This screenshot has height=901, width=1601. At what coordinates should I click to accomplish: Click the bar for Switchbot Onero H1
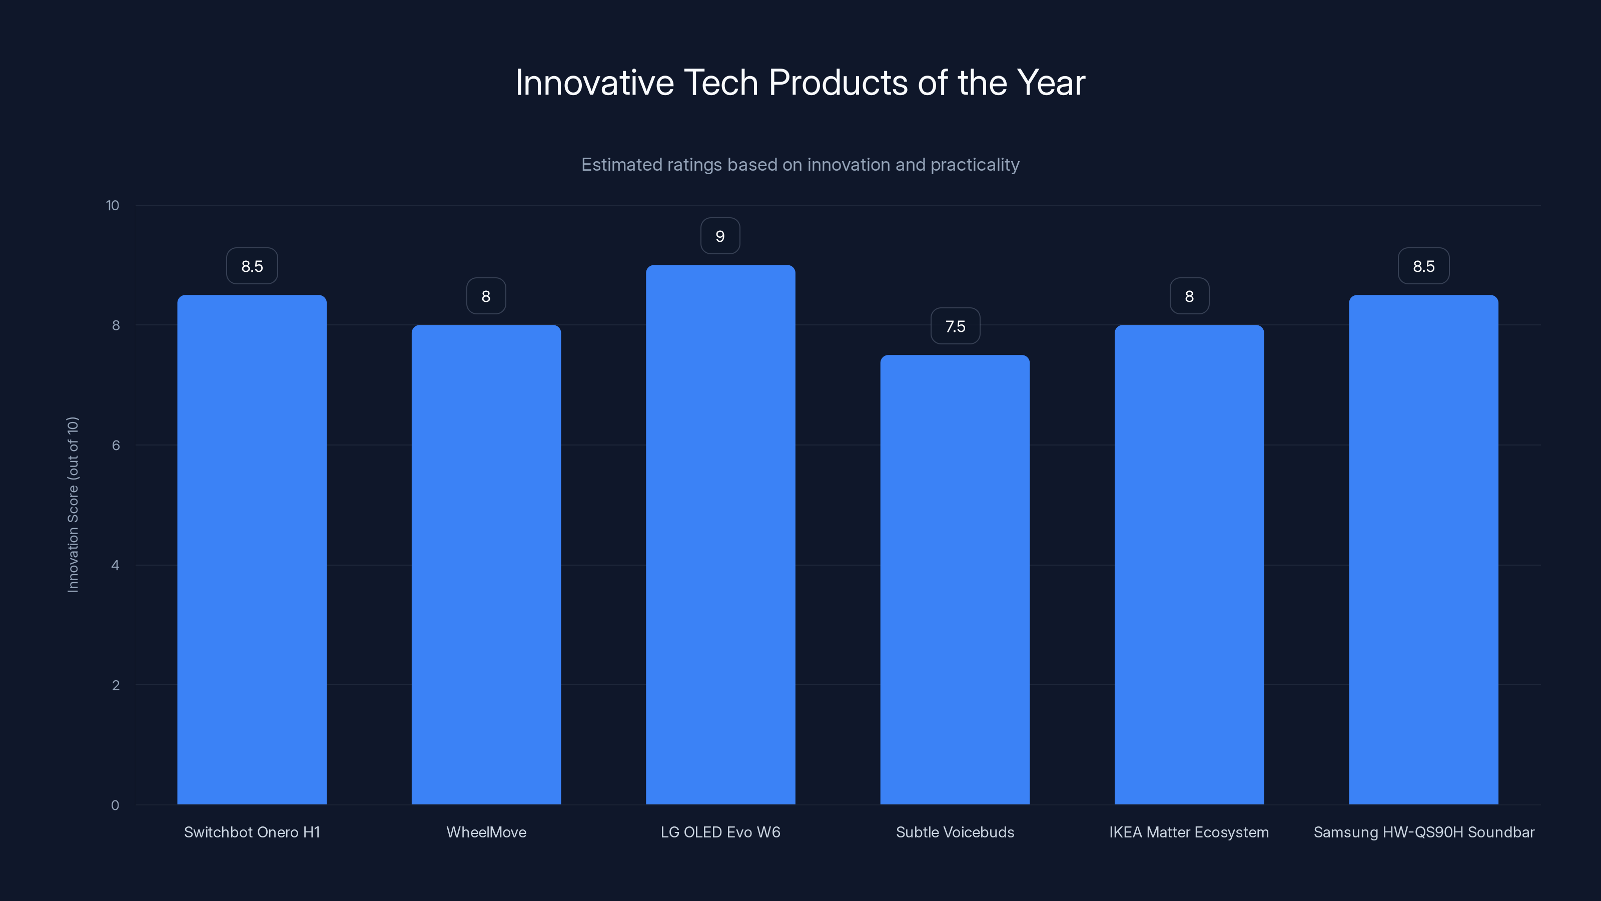click(252, 550)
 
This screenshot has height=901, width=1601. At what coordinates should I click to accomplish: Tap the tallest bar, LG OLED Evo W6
click(720, 535)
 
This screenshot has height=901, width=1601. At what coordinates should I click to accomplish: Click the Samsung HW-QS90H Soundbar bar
click(1423, 550)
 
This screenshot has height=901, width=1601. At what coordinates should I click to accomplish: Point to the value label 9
click(720, 236)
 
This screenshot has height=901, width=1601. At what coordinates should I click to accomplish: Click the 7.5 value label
click(955, 326)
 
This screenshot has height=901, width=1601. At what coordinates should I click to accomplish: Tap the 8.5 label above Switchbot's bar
click(252, 266)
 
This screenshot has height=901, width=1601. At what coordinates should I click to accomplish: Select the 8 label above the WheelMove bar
click(486, 297)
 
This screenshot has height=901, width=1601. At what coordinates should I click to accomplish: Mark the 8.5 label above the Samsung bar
click(1423, 266)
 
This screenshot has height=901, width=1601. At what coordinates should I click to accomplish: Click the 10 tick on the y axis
click(113, 205)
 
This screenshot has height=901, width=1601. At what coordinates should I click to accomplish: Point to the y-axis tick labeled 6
click(116, 445)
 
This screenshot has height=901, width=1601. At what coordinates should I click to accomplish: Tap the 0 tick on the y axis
click(115, 805)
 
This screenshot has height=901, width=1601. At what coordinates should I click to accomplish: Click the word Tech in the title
click(720, 83)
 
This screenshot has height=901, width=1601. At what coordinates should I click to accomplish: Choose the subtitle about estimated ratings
click(800, 165)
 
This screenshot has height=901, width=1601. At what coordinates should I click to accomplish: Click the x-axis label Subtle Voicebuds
click(955, 832)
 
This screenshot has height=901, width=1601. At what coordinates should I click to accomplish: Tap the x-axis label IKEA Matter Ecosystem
click(1189, 832)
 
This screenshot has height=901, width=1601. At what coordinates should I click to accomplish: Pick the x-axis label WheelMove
click(486, 832)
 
